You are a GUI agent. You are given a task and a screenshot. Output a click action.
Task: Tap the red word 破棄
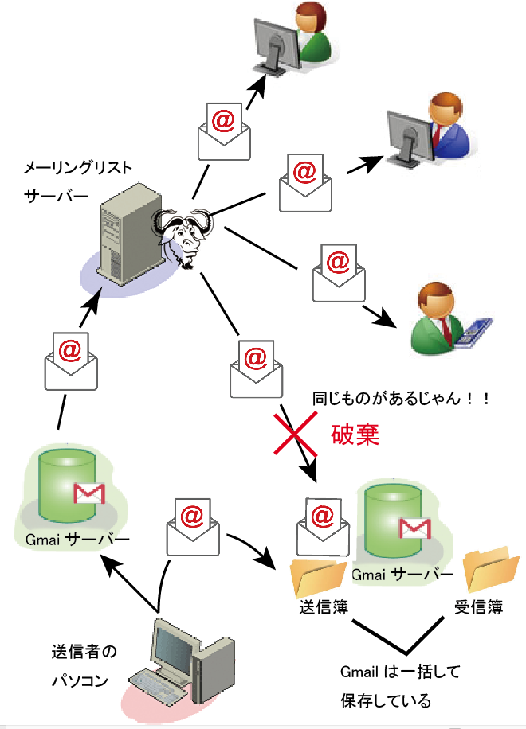[354, 435]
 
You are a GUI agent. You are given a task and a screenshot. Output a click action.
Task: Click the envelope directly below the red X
[322, 520]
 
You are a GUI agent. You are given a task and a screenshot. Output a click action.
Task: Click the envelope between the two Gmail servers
[192, 525]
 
